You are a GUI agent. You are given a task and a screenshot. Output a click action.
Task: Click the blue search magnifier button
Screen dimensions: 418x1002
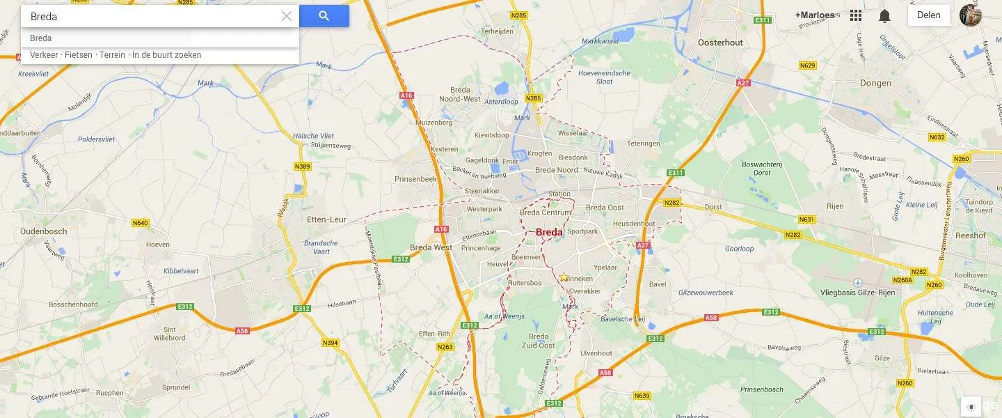[324, 16]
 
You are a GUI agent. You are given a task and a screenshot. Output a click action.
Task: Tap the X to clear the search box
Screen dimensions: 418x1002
[286, 16]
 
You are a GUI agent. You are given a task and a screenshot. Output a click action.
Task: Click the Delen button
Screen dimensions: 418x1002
[928, 15]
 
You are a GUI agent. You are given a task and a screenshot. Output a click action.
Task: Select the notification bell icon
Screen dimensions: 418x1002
[884, 15]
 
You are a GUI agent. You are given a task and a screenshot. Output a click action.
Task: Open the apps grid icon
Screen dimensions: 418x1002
[856, 15]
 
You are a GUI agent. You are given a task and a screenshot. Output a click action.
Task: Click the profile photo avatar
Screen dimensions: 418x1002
[970, 15]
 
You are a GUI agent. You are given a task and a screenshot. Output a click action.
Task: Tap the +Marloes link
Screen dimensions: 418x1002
[814, 15]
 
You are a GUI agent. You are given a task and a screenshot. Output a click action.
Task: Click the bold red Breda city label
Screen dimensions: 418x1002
[549, 233]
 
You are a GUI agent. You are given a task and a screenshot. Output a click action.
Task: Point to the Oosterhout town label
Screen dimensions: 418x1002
[720, 42]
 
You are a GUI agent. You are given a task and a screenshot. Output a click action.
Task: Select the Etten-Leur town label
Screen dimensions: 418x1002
[326, 219]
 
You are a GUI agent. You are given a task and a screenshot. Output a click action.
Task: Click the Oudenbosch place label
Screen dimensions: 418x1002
[43, 232]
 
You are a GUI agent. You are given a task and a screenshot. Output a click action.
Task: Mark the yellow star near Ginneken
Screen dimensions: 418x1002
[564, 277]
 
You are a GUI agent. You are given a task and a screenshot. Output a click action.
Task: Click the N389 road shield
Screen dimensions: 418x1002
[302, 167]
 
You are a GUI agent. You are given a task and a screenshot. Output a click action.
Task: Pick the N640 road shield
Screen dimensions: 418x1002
[140, 223]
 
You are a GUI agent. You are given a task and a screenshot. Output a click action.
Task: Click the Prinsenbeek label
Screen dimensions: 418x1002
[415, 179]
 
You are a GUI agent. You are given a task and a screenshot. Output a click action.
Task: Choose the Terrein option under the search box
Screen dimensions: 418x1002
[111, 55]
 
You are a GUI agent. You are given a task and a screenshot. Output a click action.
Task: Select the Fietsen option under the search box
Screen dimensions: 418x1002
[79, 55]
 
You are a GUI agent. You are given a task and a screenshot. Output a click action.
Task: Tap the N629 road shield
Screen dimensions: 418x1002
[807, 65]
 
